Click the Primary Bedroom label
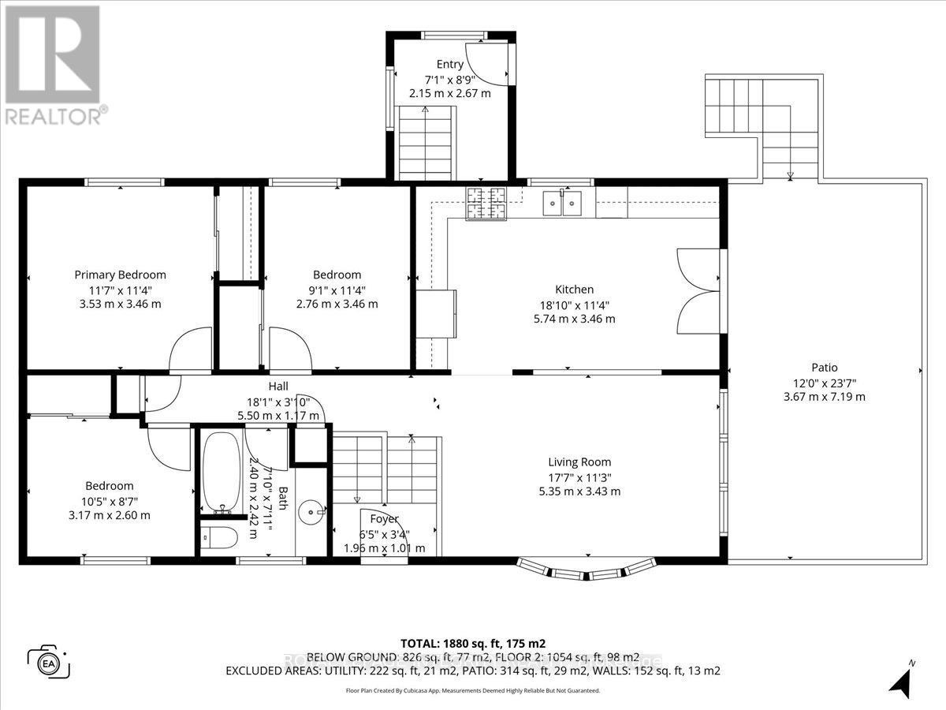[120, 275]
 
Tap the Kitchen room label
[574, 290]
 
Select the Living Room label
[579, 462]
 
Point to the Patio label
[824, 367]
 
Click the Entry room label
[449, 65]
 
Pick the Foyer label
[384, 519]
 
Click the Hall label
[278, 387]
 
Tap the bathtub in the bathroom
[220, 470]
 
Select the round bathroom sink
[316, 514]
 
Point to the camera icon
[49, 661]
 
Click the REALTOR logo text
[55, 116]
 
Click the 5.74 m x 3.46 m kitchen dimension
[574, 319]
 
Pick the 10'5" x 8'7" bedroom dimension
[110, 501]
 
